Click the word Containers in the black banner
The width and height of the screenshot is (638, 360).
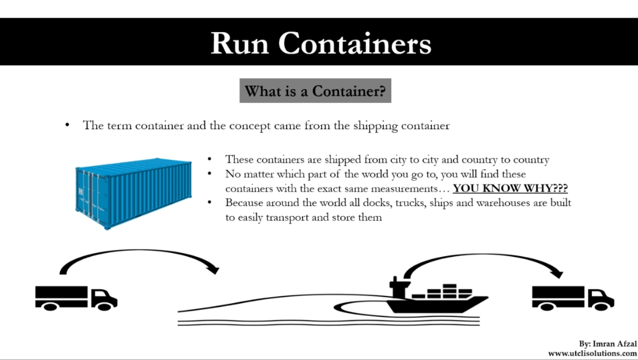click(x=355, y=43)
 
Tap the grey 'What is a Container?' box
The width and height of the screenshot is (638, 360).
click(x=316, y=91)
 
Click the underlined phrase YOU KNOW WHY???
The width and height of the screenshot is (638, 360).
click(x=510, y=189)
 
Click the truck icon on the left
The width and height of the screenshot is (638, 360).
click(x=76, y=297)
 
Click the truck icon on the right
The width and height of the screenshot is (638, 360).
click(x=572, y=297)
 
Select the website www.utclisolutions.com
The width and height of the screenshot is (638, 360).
click(x=592, y=353)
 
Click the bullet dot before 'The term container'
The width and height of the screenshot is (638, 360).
click(x=67, y=126)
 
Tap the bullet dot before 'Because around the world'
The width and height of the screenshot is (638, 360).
click(x=210, y=202)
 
